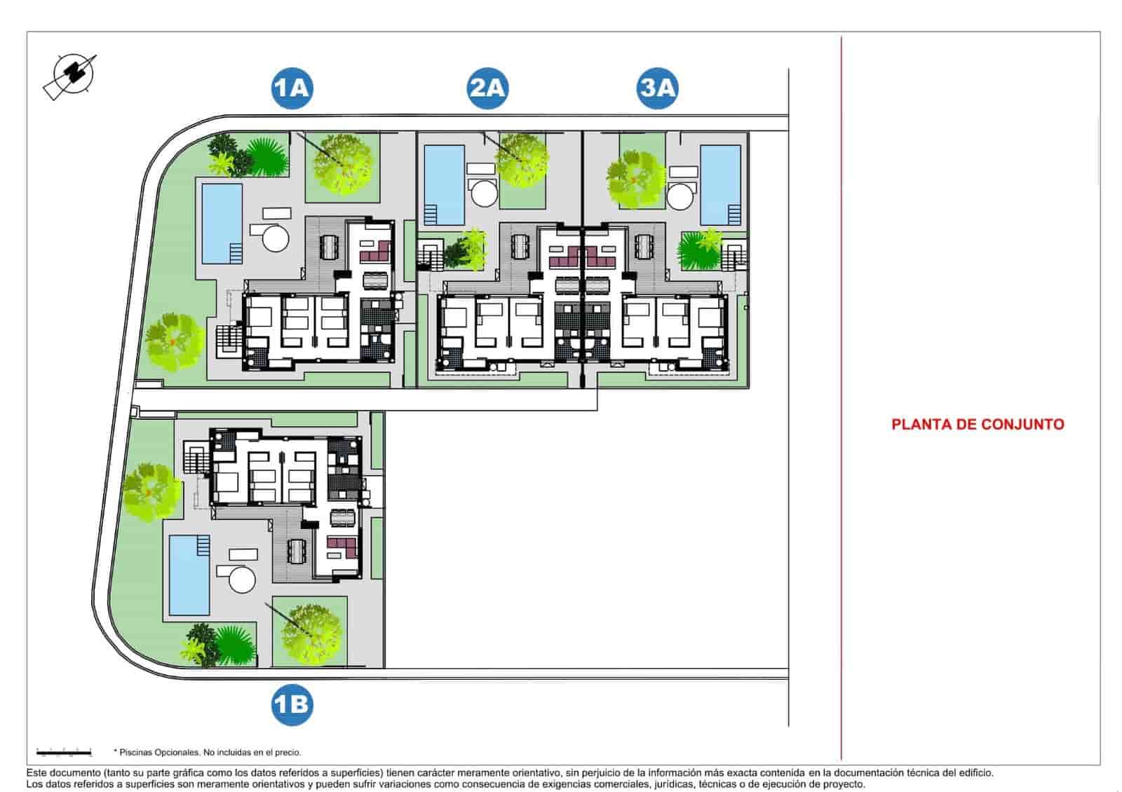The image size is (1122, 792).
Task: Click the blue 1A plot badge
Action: (x=292, y=88)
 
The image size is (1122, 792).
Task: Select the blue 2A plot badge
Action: (x=487, y=88)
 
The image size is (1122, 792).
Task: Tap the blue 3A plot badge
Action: (x=658, y=88)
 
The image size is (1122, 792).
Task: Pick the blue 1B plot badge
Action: (x=292, y=704)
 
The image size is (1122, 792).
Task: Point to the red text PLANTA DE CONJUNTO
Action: (x=978, y=424)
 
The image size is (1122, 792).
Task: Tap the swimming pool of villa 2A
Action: (x=445, y=184)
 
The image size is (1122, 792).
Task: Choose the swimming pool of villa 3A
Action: (x=721, y=184)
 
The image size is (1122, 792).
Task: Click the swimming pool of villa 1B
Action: (x=189, y=575)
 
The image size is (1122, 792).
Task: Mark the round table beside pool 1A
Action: (x=275, y=238)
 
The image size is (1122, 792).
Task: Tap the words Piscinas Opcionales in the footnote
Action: (x=160, y=753)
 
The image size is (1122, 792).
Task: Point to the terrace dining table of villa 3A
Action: (x=642, y=247)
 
